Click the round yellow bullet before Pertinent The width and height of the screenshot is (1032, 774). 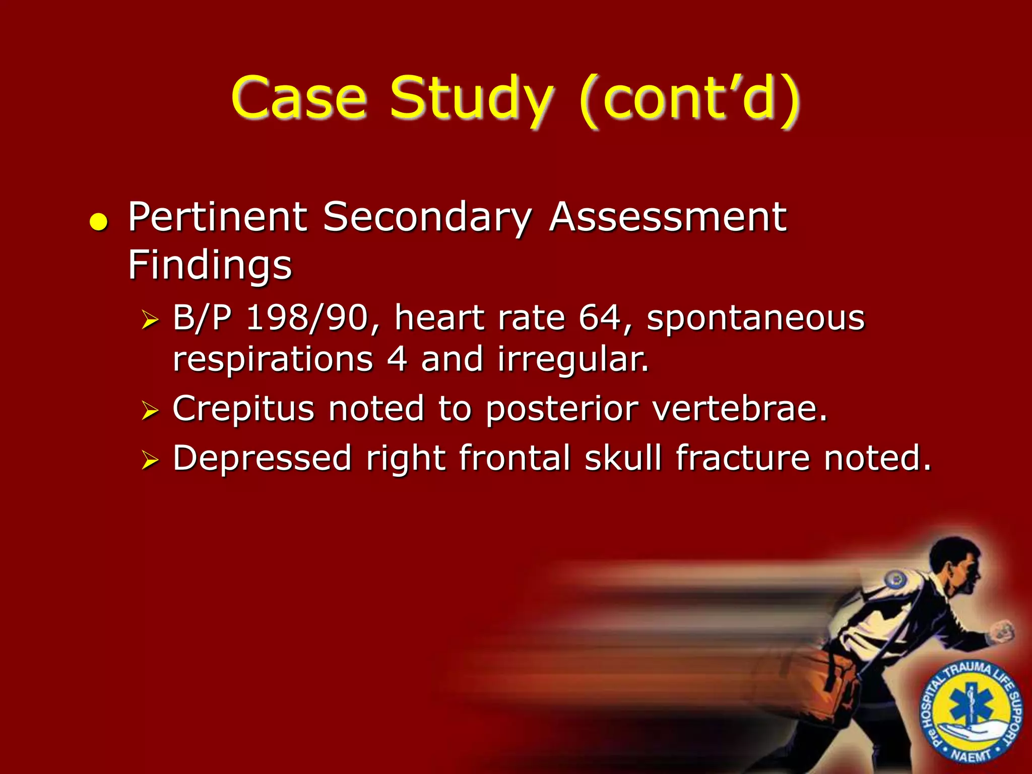click(x=99, y=222)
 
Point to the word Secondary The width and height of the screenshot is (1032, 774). click(x=427, y=218)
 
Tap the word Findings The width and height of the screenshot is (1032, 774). click(x=210, y=266)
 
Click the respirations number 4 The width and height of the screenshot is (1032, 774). click(x=397, y=359)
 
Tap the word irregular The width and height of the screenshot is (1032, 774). click(x=573, y=360)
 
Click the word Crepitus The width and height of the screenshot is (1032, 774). click(x=243, y=409)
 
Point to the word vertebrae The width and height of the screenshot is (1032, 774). click(x=740, y=408)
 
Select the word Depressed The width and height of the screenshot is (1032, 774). click(x=262, y=458)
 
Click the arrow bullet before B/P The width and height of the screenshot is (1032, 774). click(x=150, y=319)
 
